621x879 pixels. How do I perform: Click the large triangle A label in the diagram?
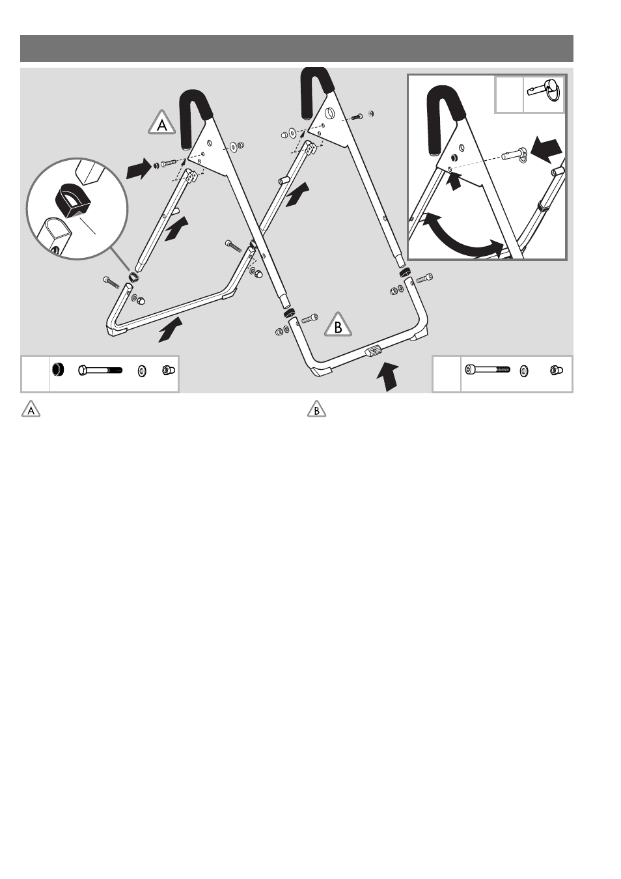pos(161,124)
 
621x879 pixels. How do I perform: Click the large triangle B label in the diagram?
pos(338,326)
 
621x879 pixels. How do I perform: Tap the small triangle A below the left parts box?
pos(31,410)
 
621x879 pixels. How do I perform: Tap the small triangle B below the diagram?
pos(316,410)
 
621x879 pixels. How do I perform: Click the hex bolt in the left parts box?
pos(100,370)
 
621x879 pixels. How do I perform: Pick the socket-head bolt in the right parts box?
pos(488,369)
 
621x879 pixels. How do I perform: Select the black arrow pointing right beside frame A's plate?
pos(139,169)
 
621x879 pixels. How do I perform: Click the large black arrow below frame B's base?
pos(387,376)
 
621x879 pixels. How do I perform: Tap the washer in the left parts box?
pos(142,371)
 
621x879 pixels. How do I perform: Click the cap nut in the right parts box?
pos(555,370)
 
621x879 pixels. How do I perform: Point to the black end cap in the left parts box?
pos(58,370)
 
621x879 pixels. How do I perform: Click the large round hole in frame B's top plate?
pos(330,113)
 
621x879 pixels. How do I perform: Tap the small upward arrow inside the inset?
pos(455,181)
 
